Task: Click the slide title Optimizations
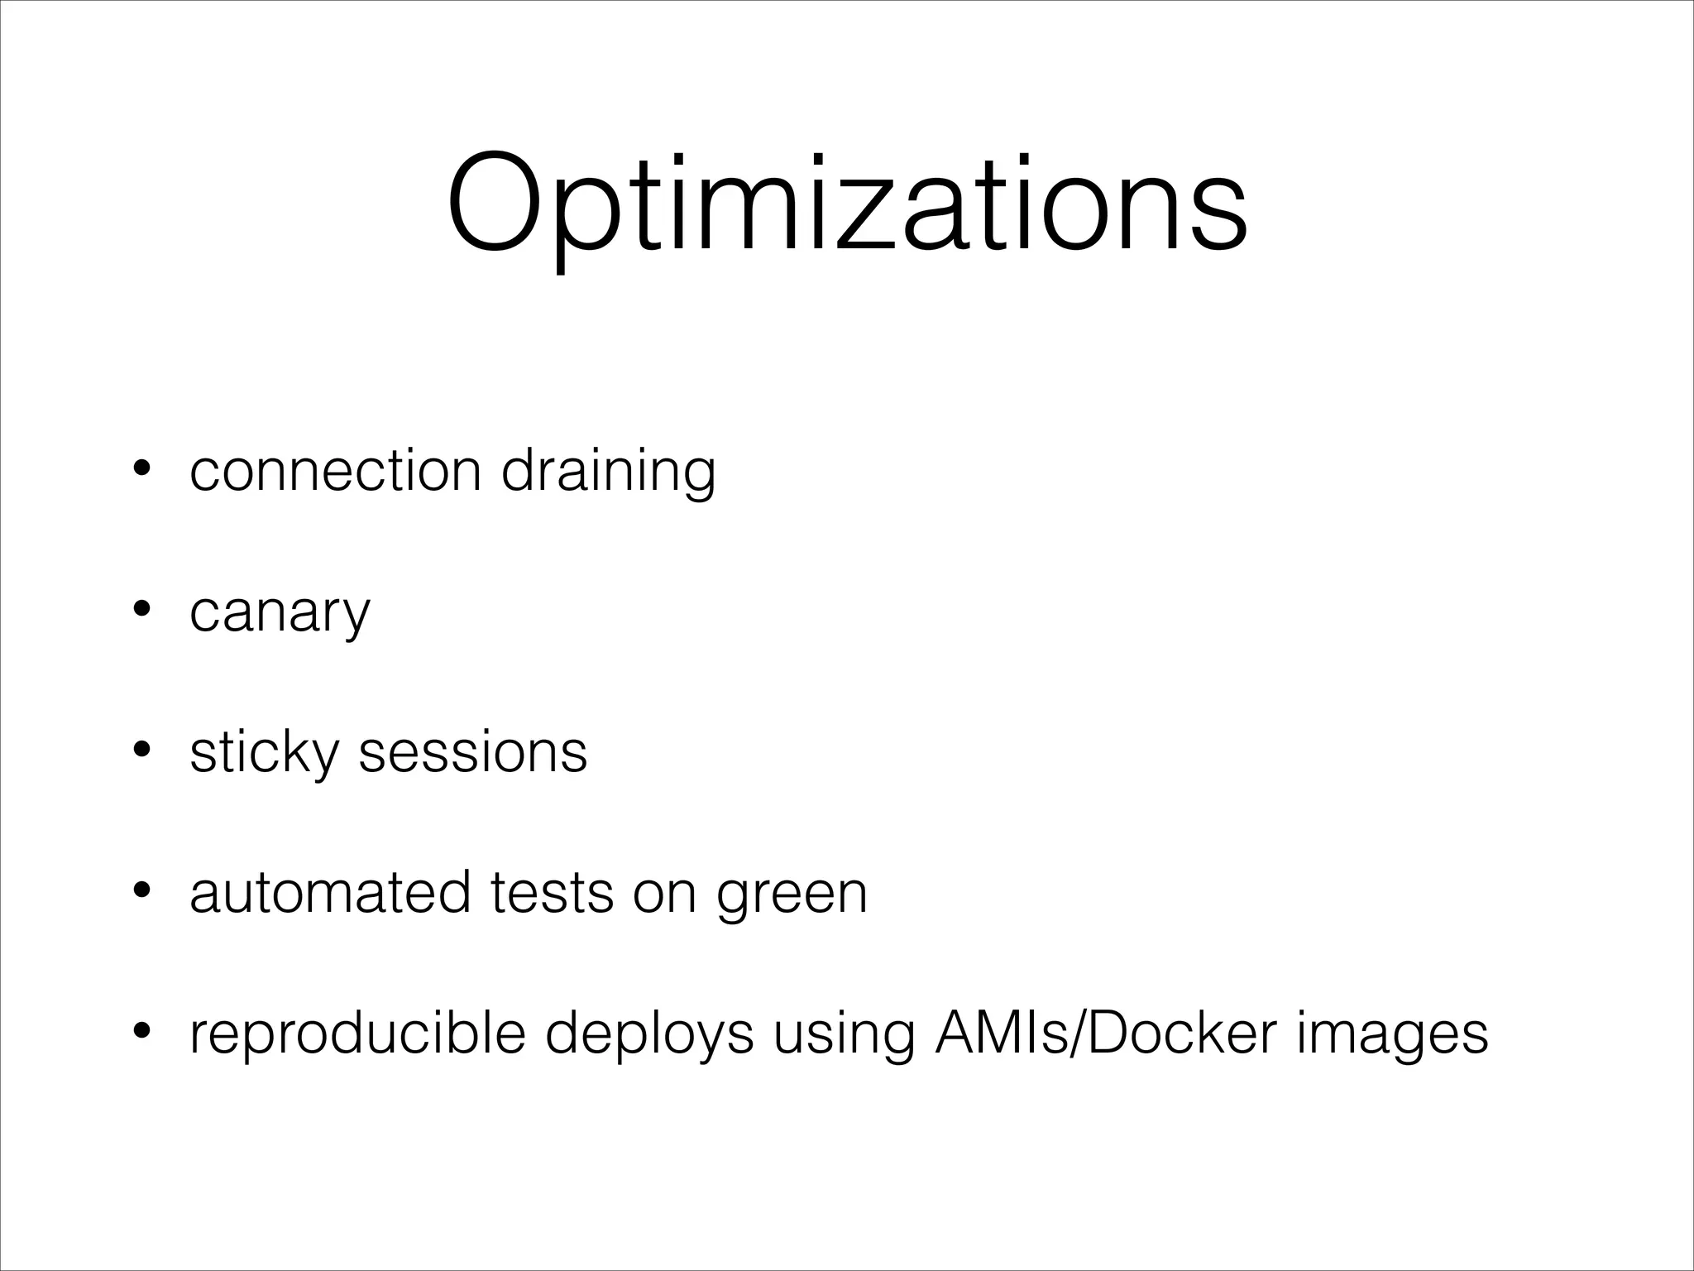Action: tap(847, 205)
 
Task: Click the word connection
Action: tap(335, 471)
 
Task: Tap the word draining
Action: tap(608, 472)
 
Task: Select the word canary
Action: tap(280, 614)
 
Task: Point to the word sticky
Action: tap(264, 754)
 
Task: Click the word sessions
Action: tap(472, 752)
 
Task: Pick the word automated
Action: tap(329, 893)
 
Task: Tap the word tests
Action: tap(552, 893)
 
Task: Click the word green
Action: tap(792, 896)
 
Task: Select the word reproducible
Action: tap(357, 1034)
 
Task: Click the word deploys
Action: tap(649, 1036)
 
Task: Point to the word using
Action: tap(844, 1036)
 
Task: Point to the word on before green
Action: tap(664, 894)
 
